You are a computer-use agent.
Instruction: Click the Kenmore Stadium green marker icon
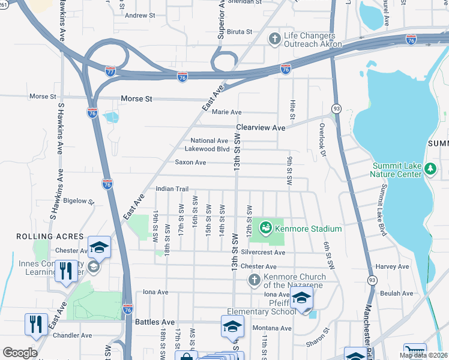265,228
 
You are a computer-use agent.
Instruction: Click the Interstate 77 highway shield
110,71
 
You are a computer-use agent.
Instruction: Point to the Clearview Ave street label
261,128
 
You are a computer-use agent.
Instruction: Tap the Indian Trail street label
172,189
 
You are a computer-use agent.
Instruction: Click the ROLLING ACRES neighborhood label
40,236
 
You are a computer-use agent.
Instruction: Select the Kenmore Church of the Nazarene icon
254,280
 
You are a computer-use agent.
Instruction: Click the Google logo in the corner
20,352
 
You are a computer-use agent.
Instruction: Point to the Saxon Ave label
190,162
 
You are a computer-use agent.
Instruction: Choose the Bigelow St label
79,201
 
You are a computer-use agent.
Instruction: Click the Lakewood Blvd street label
206,149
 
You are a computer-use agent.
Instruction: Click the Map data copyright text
423,355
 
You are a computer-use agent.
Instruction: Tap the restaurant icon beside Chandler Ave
37,325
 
